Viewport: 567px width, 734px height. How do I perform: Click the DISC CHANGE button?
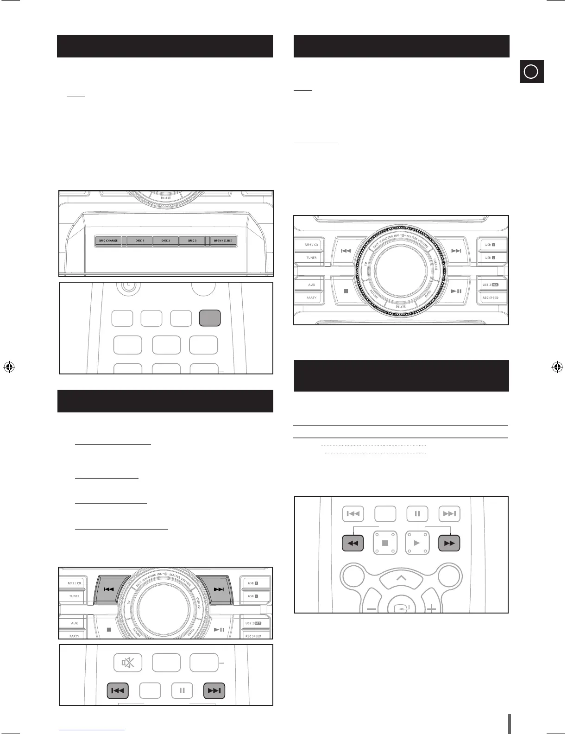108,241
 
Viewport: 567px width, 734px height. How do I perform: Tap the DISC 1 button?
139,241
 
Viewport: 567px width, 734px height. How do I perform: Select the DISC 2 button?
165,241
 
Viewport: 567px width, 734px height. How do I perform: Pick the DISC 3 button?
192,241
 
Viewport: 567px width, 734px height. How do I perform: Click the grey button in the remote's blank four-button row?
210,318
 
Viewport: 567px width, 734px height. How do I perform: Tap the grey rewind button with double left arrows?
353,543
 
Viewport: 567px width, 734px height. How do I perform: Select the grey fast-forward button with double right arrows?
449,543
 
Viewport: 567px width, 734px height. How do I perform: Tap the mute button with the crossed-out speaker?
128,663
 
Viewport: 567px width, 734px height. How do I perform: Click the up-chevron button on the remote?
401,578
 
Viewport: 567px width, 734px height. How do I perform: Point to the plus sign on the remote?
432,608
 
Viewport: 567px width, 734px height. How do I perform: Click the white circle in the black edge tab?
531,72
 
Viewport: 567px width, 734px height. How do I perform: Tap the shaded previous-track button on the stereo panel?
109,589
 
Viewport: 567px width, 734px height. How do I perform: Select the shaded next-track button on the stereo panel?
218,589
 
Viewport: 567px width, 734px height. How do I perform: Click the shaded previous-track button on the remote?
118,690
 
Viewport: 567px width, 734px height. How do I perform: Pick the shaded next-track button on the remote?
214,690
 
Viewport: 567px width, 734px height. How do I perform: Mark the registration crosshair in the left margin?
9,367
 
